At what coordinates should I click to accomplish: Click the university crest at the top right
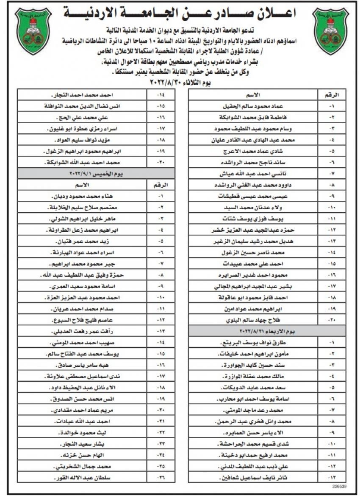point(330,31)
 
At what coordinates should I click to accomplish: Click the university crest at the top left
point(32,31)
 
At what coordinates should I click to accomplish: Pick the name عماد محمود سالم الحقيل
point(249,105)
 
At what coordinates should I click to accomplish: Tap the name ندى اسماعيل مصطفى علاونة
point(78,376)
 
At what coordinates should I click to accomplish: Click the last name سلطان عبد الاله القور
point(78,478)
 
